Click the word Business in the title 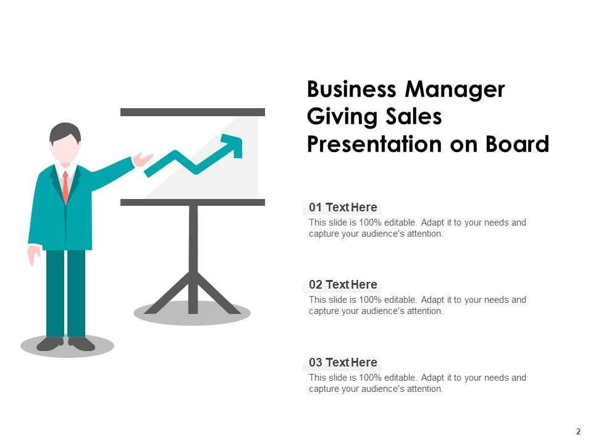coord(352,90)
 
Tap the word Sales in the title coord(410,117)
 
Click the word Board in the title coord(517,144)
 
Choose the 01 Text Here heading coord(343,208)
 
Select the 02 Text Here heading coord(343,285)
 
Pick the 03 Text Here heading coord(343,363)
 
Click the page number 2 coord(579,431)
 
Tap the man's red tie coord(65,185)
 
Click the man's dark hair coord(65,130)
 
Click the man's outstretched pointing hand coord(143,159)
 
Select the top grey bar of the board coord(192,112)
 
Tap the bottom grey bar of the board coord(192,202)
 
